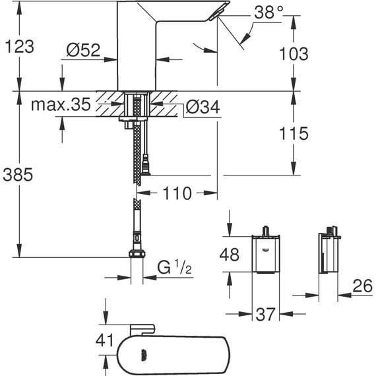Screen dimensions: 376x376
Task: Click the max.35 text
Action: pos(59,105)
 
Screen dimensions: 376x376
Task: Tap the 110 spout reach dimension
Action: pos(176,194)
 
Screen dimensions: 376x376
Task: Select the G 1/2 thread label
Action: pos(173,268)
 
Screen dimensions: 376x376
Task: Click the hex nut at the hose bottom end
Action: pos(137,256)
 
